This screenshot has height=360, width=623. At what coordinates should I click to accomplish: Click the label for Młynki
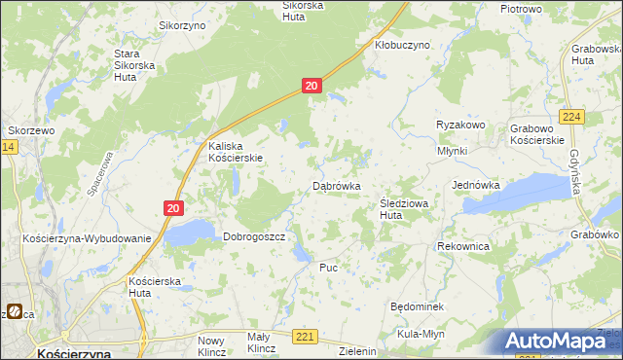pyautogui.click(x=453, y=151)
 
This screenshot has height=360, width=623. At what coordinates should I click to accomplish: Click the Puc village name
pyautogui.click(x=328, y=267)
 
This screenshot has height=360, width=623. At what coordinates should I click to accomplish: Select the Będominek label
pyautogui.click(x=417, y=306)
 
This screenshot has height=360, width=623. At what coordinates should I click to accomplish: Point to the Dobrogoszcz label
pyautogui.click(x=253, y=236)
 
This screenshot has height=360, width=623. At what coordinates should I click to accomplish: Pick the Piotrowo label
pyautogui.click(x=521, y=9)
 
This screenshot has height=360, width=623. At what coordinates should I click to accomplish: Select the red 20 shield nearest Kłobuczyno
pyautogui.click(x=311, y=87)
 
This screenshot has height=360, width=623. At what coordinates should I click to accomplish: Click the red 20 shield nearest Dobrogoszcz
pyautogui.click(x=172, y=208)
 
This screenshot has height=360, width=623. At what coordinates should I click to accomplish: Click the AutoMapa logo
pyautogui.click(x=559, y=342)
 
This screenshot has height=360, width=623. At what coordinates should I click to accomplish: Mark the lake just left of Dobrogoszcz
pyautogui.click(x=190, y=232)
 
